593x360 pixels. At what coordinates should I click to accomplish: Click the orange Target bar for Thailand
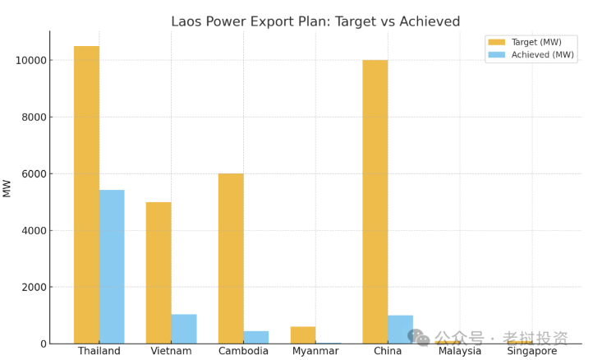[x=86, y=195]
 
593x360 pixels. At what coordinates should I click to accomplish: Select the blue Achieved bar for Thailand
[x=112, y=266]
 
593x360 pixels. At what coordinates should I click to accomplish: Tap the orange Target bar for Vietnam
[x=159, y=272]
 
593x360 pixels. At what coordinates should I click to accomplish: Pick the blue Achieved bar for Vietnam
[x=184, y=329]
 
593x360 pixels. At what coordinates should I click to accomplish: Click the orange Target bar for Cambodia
[x=231, y=258]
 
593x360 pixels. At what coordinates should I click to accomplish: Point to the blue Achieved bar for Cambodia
[x=256, y=337]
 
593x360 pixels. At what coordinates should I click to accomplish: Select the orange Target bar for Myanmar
[x=303, y=335]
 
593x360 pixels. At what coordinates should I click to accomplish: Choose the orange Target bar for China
[x=375, y=201]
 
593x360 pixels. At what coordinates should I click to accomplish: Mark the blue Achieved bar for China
[x=401, y=329]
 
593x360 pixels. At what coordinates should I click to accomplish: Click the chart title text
[x=315, y=21]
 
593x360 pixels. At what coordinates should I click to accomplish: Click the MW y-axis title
[x=7, y=187]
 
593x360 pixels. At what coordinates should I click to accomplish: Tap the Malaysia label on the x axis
[x=459, y=351]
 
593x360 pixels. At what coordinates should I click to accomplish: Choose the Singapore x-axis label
[x=531, y=351]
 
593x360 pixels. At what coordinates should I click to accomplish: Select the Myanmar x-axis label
[x=315, y=351]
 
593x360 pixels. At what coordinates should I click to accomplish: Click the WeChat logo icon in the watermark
[x=418, y=337]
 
